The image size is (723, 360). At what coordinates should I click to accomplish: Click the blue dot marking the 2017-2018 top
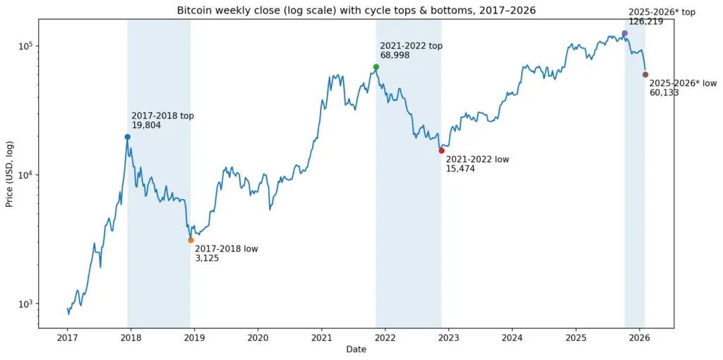[127, 137]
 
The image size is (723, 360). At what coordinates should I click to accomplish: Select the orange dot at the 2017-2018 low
[191, 241]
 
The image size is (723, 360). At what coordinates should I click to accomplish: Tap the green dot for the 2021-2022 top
[376, 67]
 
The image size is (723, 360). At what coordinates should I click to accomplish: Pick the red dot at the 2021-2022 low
[441, 150]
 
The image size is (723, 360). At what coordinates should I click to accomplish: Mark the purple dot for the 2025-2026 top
[624, 33]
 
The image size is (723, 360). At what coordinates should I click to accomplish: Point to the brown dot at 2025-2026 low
[645, 75]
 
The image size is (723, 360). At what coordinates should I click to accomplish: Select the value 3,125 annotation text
[207, 258]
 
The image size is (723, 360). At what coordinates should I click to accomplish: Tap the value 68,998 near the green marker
[395, 55]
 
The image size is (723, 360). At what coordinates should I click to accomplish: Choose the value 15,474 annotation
[460, 169]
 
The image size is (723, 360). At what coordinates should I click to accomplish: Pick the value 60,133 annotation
[664, 92]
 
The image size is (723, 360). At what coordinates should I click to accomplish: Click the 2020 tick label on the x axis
[258, 338]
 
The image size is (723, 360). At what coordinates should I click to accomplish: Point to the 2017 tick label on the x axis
[68, 338]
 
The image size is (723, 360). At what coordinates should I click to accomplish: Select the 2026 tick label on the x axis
[640, 338]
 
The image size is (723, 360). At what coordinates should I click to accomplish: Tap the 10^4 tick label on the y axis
[26, 175]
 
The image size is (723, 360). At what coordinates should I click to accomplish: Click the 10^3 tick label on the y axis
[26, 304]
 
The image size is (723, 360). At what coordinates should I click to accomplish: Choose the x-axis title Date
[356, 350]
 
